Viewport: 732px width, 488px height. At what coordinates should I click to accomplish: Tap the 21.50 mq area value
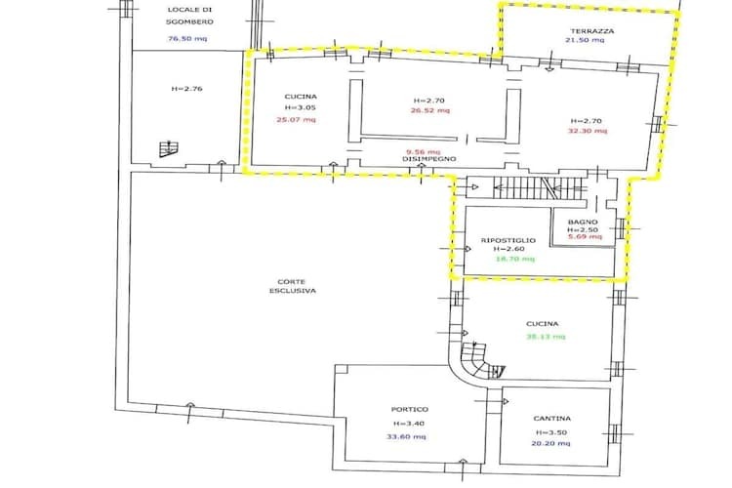tap(585, 40)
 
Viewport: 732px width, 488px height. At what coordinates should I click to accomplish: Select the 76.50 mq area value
tap(186, 39)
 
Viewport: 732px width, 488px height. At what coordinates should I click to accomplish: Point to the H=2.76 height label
tap(186, 88)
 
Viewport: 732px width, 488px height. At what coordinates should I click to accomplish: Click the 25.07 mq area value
tap(296, 119)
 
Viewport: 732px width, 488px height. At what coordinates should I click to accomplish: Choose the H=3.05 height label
tap(301, 107)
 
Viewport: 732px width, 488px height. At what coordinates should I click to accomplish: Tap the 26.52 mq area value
tap(430, 110)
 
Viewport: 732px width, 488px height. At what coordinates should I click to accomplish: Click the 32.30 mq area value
tap(588, 131)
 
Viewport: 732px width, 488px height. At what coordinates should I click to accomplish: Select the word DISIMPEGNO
tap(429, 159)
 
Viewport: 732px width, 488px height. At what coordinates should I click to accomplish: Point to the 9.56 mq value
tap(423, 152)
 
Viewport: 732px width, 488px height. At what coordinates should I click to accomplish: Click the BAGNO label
tap(583, 223)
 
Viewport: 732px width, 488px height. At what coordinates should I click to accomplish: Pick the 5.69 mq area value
tap(585, 236)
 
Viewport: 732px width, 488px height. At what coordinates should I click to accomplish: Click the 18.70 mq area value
tap(515, 259)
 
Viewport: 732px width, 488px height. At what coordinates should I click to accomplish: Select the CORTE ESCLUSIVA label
tap(292, 286)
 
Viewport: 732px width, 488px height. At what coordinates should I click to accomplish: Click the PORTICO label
tap(409, 410)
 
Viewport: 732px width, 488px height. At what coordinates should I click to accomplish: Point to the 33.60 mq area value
tap(406, 437)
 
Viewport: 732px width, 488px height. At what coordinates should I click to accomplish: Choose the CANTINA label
tap(551, 419)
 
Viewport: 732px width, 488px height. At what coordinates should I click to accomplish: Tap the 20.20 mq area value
tap(550, 444)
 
